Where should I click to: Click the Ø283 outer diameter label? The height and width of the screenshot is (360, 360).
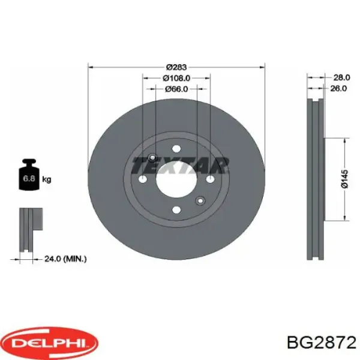(176, 67)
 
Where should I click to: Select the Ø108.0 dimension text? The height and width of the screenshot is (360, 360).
(176, 78)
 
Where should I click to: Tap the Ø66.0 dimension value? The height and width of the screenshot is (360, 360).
(176, 89)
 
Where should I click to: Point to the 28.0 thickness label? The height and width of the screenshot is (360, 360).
(341, 77)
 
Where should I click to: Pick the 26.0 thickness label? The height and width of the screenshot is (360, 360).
(338, 88)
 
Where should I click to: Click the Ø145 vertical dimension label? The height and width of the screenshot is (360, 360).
(344, 179)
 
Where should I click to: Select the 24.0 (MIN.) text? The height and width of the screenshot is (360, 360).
(65, 259)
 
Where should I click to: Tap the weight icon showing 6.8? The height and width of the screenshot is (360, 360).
(29, 175)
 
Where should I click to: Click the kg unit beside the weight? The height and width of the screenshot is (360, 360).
(47, 179)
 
